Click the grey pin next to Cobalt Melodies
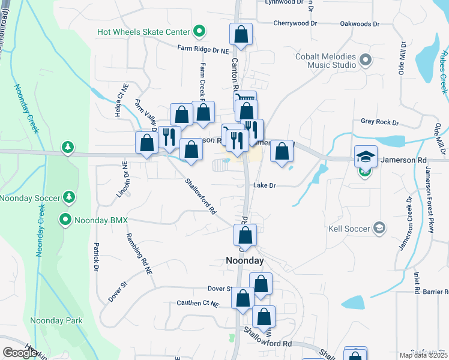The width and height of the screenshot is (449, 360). tap(366, 59)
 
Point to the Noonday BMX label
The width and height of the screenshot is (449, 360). tap(101, 220)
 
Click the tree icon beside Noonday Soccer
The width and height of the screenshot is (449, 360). tap(69, 197)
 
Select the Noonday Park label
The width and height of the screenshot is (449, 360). tap(56, 320)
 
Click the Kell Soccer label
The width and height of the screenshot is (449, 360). tap(349, 228)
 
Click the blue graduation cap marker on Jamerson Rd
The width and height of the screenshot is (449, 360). tap(366, 157)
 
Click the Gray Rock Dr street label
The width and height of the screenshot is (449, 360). tap(379, 122)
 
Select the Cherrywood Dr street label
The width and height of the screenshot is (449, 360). tap(295, 23)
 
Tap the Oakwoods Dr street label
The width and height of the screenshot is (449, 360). tap(360, 24)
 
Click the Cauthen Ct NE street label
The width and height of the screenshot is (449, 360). tap(197, 304)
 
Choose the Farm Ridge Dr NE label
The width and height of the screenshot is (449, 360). tap(203, 52)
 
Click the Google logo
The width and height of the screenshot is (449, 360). tap(20, 353)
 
